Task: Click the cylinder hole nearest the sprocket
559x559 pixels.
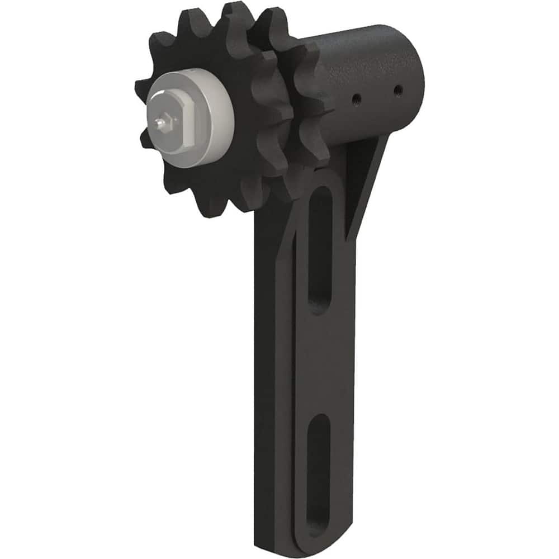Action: (356, 100)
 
